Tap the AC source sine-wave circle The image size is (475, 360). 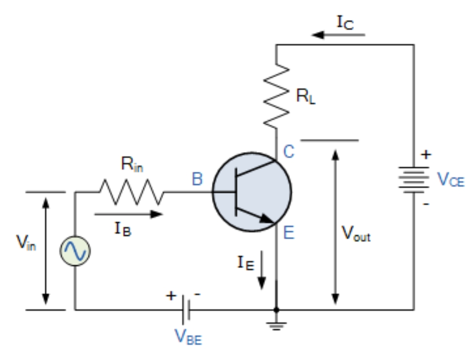pos(75,250)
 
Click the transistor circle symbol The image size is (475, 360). pos(252,191)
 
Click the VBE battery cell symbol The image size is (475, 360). pos(185,308)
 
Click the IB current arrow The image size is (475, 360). pos(128,214)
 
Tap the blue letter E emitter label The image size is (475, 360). pos(288,233)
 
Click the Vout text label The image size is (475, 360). pos(356,235)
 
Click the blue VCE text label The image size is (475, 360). pos(450,180)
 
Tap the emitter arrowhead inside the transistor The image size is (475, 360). pos(266,218)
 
